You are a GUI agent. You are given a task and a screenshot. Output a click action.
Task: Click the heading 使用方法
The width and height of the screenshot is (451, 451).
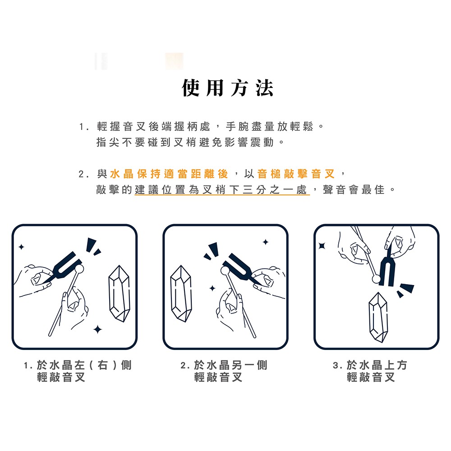tap(227, 88)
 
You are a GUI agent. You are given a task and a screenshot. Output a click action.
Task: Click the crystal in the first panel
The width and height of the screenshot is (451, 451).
tap(119, 294)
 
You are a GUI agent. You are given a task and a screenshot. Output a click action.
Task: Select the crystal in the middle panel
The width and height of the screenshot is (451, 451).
tap(181, 294)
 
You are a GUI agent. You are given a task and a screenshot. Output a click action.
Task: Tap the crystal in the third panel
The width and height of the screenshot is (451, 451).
tap(378, 317)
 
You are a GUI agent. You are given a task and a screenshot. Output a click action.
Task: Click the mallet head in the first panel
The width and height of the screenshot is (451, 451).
tap(79, 269)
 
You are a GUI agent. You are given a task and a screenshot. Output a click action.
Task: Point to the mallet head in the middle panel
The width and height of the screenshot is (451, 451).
tap(225, 270)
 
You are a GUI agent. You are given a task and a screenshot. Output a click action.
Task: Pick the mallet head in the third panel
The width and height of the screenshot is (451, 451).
tap(376, 278)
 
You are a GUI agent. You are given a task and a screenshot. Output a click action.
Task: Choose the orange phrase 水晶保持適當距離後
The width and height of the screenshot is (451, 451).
tap(169, 174)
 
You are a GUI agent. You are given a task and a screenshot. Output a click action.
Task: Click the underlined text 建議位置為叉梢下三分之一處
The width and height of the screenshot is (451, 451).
tap(221, 189)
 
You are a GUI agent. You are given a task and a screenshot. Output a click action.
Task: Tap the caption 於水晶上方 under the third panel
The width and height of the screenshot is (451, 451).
tap(377, 365)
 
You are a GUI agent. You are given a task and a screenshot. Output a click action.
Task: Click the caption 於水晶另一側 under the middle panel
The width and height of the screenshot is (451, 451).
tap(230, 365)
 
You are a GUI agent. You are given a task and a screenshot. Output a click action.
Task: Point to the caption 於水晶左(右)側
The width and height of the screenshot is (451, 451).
tap(84, 365)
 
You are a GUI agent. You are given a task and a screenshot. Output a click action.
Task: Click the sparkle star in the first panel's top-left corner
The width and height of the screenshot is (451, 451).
tap(21, 247)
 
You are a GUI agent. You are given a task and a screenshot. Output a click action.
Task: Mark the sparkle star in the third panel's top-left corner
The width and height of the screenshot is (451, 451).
tap(322, 246)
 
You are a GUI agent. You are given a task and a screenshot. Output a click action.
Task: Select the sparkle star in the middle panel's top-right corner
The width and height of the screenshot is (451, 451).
tap(266, 242)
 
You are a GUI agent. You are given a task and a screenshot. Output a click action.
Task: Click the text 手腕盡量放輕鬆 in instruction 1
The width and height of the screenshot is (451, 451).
tap(269, 126)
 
